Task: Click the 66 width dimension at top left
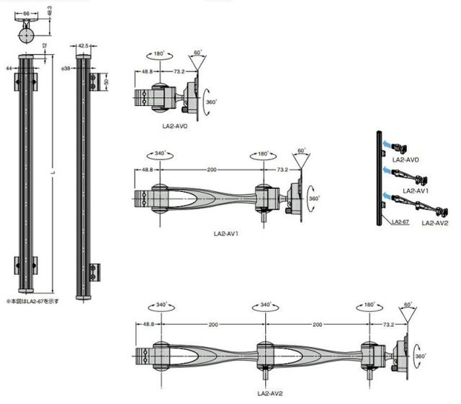tap(27, 13)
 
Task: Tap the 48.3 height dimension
tap(50, 12)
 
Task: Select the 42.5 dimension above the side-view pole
tap(84, 45)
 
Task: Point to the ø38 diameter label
tap(66, 69)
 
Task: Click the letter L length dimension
tap(53, 172)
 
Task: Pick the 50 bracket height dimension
tap(106, 82)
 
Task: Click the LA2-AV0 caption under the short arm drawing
tap(175, 126)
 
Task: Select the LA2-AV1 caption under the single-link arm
tap(225, 234)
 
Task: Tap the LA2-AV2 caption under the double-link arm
tap(270, 393)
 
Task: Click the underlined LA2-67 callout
tap(400, 221)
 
